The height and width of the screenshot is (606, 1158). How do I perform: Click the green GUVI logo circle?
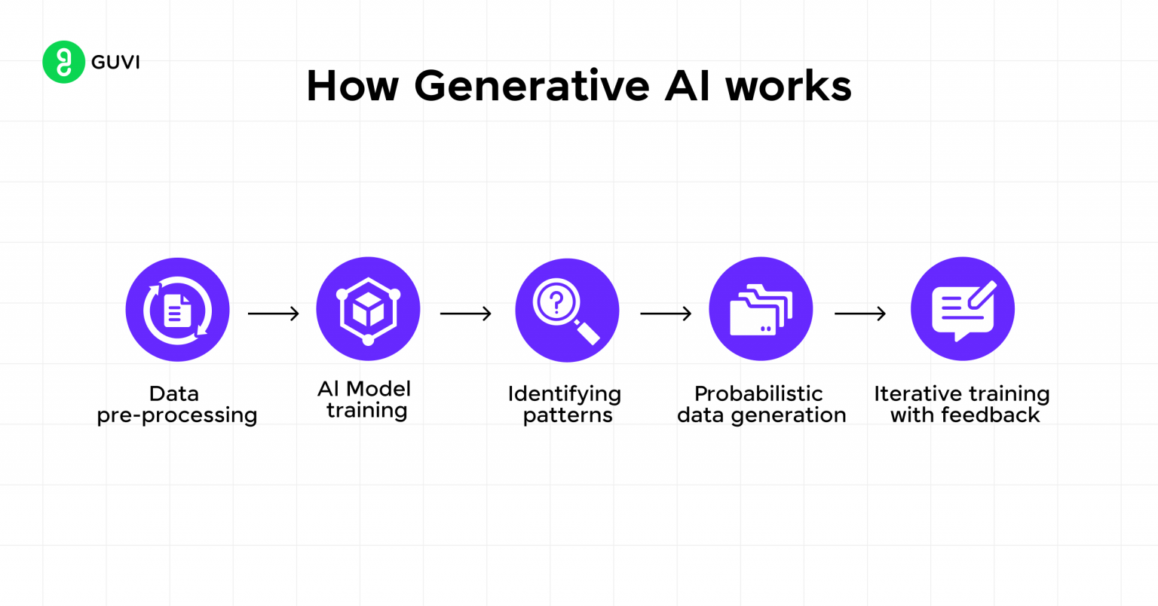click(x=63, y=62)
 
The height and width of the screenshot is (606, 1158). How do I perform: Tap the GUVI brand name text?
click(x=115, y=62)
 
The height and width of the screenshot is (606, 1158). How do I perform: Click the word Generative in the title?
click(x=532, y=85)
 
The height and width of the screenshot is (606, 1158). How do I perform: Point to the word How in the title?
click(x=352, y=85)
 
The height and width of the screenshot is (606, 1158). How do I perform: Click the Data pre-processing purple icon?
click(x=177, y=310)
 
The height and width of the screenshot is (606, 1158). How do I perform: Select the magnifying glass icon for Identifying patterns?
click(x=567, y=311)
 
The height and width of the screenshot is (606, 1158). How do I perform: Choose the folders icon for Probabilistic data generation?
click(x=761, y=309)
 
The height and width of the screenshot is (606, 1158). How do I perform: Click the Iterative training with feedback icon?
click(x=963, y=309)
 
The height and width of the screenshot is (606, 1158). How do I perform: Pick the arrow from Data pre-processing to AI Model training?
click(x=273, y=313)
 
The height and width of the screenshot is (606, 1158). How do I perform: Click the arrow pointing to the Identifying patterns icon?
click(x=465, y=313)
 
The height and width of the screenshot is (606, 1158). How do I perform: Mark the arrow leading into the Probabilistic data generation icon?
click(x=666, y=313)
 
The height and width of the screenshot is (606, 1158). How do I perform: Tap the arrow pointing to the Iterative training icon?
click(x=859, y=313)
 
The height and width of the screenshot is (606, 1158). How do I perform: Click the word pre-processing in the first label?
click(x=177, y=415)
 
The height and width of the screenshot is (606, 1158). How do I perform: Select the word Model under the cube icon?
click(x=378, y=389)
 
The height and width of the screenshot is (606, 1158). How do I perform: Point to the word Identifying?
click(x=565, y=394)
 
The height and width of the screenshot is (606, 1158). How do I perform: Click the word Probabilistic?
click(x=758, y=394)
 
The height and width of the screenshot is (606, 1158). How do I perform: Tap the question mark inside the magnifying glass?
click(x=556, y=302)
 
